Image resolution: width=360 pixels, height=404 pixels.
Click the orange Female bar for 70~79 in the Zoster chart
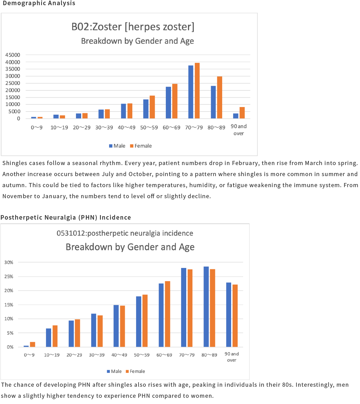click(x=197, y=91)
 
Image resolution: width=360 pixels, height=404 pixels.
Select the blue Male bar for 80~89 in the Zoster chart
click(x=213, y=102)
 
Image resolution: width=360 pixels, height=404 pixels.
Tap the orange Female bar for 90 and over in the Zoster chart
click(x=242, y=113)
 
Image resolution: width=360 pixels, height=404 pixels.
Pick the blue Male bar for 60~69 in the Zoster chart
click(x=168, y=103)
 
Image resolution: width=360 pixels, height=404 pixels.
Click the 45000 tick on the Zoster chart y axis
click(x=13, y=55)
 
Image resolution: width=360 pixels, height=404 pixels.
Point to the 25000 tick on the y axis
click(x=13, y=83)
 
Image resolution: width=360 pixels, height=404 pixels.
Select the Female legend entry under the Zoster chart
click(x=141, y=146)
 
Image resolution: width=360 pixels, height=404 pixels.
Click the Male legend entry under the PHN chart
click(x=114, y=371)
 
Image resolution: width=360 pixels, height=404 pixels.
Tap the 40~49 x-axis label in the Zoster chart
click(x=126, y=127)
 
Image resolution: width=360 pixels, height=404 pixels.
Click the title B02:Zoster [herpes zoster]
click(x=133, y=27)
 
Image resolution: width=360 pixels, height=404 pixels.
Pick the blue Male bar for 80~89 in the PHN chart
click(x=206, y=307)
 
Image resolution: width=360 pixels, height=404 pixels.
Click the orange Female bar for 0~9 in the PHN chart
click(x=32, y=345)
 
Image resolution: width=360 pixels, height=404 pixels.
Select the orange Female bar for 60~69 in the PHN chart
click(x=168, y=314)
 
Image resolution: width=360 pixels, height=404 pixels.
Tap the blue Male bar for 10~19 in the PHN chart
click(x=48, y=338)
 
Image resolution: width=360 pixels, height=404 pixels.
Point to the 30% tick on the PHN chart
click(x=9, y=262)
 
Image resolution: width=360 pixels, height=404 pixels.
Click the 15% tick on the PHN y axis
click(x=9, y=305)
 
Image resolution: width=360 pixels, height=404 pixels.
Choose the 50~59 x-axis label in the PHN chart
click(x=142, y=355)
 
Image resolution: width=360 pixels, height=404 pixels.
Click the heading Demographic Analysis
click(x=39, y=3)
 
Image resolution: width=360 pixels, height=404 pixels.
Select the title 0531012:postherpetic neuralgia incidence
click(x=125, y=233)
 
